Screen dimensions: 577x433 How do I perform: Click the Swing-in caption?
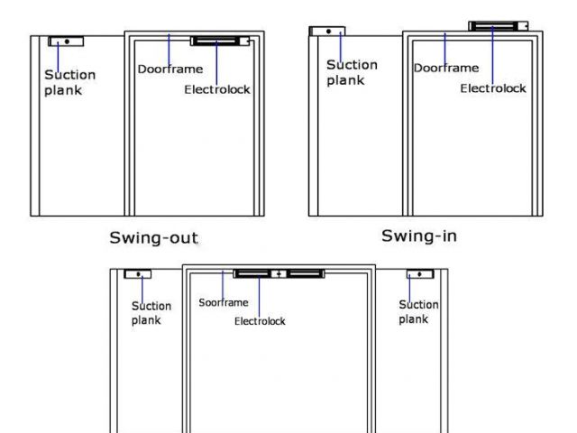point(418,235)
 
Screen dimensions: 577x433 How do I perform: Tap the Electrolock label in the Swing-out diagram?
point(217,89)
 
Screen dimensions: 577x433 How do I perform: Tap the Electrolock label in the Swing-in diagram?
point(493,88)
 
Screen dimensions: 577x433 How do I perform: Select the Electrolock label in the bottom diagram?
point(260,321)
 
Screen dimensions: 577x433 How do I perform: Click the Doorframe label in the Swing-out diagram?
point(169,69)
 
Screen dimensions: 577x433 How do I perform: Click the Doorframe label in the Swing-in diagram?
point(446,68)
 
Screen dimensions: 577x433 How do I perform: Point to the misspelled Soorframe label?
point(223,302)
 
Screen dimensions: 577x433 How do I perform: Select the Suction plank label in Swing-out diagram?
point(69,82)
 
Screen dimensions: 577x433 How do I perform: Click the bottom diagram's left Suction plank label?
point(151,313)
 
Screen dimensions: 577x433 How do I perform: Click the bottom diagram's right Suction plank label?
point(418,312)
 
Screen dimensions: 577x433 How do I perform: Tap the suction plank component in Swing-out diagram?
point(66,41)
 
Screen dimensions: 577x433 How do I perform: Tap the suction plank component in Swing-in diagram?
point(327,31)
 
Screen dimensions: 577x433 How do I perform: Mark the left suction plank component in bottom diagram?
point(138,273)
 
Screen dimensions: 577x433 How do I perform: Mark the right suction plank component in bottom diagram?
point(420,273)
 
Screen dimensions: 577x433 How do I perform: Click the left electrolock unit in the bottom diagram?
point(252,272)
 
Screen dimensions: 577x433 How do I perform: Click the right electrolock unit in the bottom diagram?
point(305,272)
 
